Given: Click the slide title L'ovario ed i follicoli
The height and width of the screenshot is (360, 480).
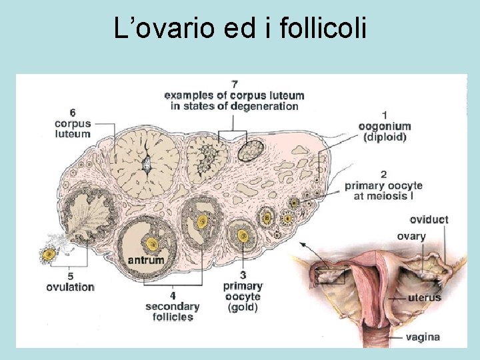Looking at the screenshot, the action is [x=240, y=29].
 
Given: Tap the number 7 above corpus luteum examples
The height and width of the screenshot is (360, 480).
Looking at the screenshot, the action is [x=234, y=84].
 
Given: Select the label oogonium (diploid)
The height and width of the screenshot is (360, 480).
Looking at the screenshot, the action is [x=385, y=131].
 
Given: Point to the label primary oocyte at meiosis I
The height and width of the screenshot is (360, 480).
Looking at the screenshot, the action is [x=383, y=191].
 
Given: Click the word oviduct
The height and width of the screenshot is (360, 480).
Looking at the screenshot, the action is [x=429, y=219].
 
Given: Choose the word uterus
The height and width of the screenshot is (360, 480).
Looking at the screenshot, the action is [x=425, y=297].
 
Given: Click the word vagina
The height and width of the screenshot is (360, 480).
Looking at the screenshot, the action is [x=423, y=337].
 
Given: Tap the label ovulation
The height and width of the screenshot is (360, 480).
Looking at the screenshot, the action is [x=70, y=287].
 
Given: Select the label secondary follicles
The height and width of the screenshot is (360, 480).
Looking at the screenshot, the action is [x=172, y=311].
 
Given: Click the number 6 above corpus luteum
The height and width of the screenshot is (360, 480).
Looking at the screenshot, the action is [x=72, y=112].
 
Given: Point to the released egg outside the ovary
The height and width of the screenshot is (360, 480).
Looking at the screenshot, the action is [x=48, y=253].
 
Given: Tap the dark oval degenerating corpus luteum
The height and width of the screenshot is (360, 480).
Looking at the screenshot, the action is [x=251, y=150].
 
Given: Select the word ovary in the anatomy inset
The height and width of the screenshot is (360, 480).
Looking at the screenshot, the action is [x=411, y=236].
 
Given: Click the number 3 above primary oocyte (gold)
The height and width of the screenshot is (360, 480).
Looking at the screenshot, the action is [x=243, y=275].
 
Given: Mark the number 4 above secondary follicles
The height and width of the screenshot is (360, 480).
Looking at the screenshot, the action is [x=172, y=295].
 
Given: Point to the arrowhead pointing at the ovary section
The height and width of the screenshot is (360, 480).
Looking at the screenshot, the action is [x=301, y=245].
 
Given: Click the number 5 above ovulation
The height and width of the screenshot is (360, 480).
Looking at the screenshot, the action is [x=70, y=275].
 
